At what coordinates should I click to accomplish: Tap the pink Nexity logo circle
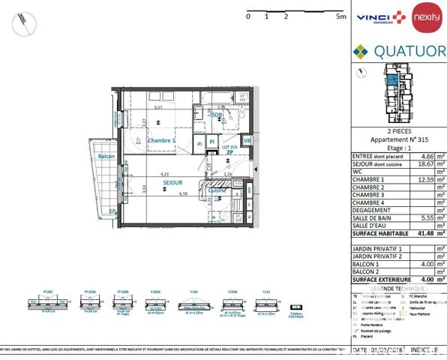tap(427, 16)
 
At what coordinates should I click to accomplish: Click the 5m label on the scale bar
tap(340, 15)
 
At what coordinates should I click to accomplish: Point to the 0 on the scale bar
tap(248, 15)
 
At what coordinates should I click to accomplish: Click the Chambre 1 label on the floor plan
tap(160, 141)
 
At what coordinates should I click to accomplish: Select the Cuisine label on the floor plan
tap(217, 190)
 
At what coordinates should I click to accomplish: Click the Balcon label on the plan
tap(107, 156)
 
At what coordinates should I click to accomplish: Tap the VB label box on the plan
tap(246, 141)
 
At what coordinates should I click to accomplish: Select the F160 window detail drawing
tap(193, 302)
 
